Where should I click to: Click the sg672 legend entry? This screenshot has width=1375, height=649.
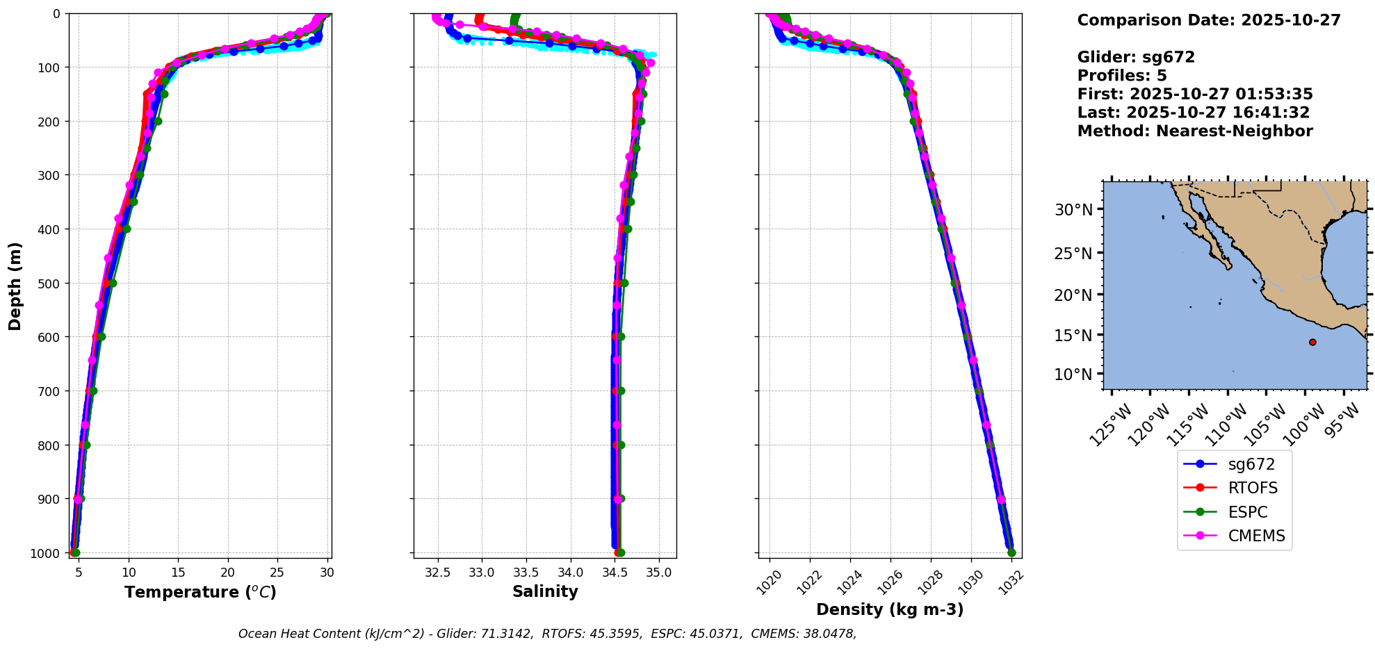pos(1251,464)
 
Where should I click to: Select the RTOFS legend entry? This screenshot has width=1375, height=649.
pos(1253,488)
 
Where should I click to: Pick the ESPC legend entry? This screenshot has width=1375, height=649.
pos(1248,512)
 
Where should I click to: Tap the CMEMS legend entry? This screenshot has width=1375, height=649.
pos(1256,536)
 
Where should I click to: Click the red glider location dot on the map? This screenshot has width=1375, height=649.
pos(1312,342)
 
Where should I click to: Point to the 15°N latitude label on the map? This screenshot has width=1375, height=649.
pos(1073,335)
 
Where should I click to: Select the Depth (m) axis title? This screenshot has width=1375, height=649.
pos(15,286)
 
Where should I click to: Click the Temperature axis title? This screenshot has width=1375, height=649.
pos(200,592)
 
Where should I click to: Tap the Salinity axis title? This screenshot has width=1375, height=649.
pos(545,591)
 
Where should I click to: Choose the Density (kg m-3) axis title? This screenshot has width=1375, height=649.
pos(890,609)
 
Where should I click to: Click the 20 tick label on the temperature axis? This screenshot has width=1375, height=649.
pos(228,573)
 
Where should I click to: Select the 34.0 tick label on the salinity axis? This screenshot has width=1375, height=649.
pos(571,573)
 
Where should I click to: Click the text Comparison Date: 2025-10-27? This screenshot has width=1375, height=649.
pos(1209,20)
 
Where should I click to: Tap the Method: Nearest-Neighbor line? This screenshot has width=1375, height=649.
pos(1195,131)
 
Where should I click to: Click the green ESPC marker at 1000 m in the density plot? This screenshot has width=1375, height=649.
pos(1011,552)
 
